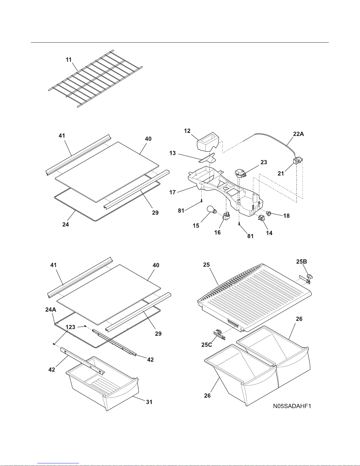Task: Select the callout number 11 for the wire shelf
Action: pyautogui.click(x=68, y=60)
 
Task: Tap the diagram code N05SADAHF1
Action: pyautogui.click(x=292, y=406)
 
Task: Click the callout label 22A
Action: pyautogui.click(x=299, y=134)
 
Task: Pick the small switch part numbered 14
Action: pyautogui.click(x=262, y=218)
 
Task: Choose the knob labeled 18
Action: pyautogui.click(x=269, y=213)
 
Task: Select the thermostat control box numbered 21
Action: pyautogui.click(x=298, y=161)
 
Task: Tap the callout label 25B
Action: pyautogui.click(x=302, y=262)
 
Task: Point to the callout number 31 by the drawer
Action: pyautogui.click(x=149, y=402)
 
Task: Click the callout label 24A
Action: pyautogui.click(x=51, y=310)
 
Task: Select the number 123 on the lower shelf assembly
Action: pyautogui.click(x=70, y=327)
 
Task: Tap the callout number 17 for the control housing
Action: pyautogui.click(x=173, y=192)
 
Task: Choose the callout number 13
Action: pyautogui.click(x=173, y=153)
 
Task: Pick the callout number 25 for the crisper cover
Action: pyautogui.click(x=206, y=265)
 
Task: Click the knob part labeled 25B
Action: pyautogui.click(x=310, y=277)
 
